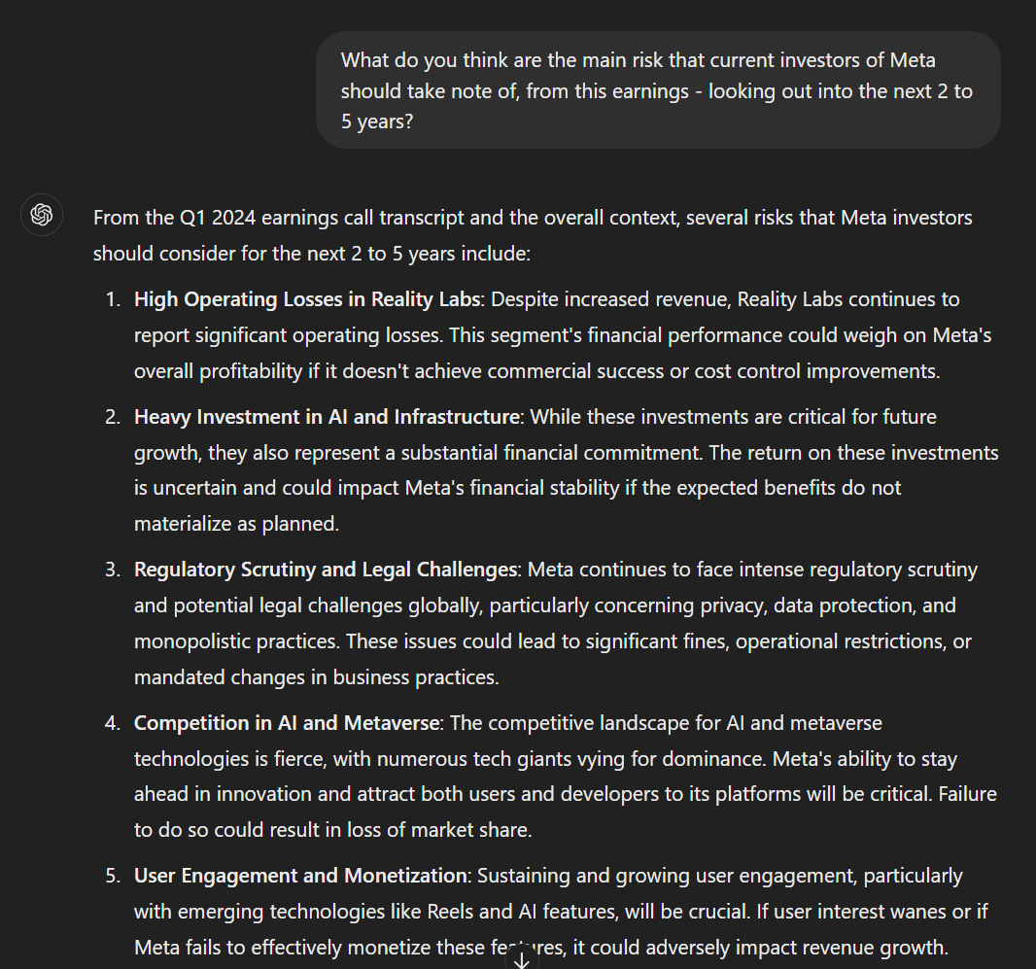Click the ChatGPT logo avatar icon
point(42,215)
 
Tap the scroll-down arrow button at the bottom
point(521,959)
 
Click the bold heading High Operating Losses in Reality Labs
point(307,299)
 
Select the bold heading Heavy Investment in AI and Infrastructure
point(327,417)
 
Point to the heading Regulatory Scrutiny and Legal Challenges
point(326,570)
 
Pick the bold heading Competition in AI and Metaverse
point(288,723)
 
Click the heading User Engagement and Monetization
point(300,876)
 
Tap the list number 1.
point(113,299)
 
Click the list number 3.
point(113,570)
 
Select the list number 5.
point(113,876)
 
